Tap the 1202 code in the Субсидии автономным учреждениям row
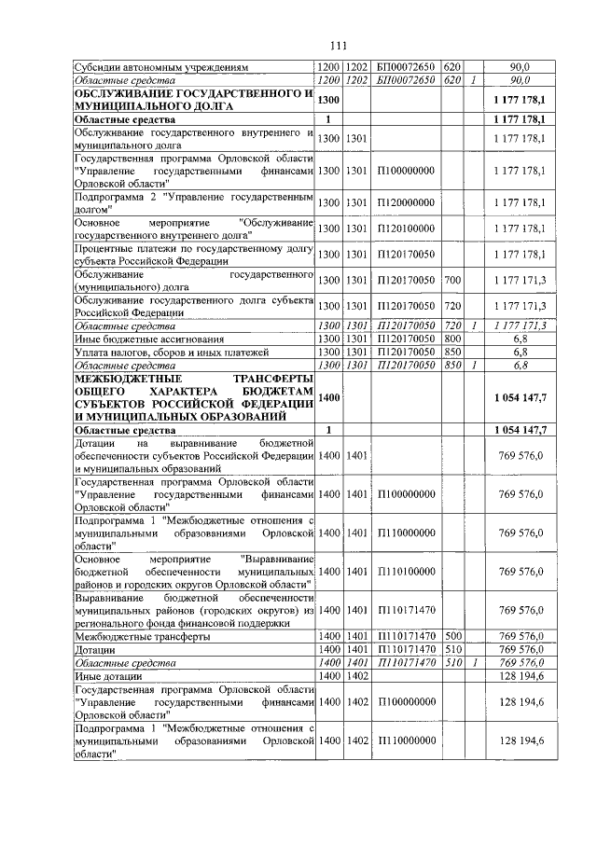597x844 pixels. click(356, 68)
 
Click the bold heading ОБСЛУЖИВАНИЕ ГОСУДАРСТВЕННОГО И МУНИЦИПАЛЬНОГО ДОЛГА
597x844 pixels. click(191, 102)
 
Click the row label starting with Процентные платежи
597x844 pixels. click(191, 255)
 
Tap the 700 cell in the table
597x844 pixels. click(452, 280)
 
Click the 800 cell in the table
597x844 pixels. click(452, 339)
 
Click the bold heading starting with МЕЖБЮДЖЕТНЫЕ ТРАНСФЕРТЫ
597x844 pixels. click(191, 397)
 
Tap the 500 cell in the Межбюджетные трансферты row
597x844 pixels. click(452, 635)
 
